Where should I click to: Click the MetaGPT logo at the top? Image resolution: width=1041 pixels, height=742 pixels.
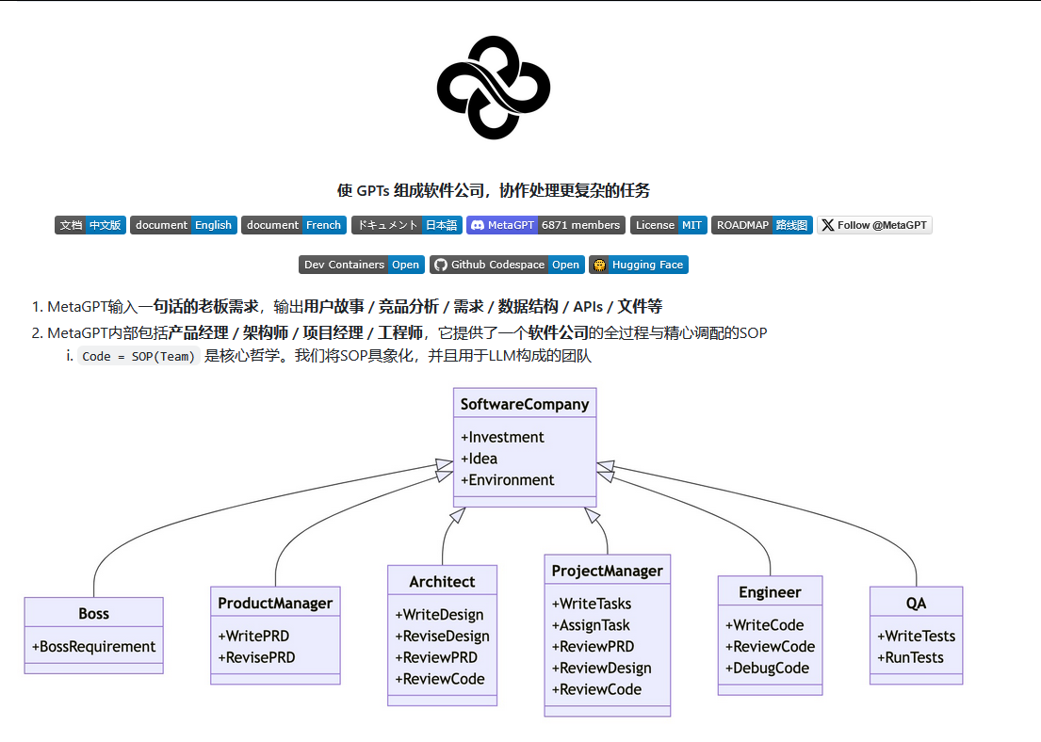click(493, 88)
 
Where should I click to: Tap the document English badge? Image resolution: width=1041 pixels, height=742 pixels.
click(183, 225)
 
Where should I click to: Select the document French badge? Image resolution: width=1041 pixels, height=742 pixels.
click(294, 225)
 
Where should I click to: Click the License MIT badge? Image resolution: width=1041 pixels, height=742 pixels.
click(669, 225)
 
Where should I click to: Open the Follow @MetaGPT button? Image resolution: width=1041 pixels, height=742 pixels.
click(873, 225)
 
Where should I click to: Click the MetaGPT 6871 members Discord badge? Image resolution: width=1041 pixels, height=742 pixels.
click(545, 225)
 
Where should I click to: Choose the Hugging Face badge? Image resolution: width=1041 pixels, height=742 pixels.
click(639, 265)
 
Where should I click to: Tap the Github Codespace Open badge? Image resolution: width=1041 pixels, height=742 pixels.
click(507, 265)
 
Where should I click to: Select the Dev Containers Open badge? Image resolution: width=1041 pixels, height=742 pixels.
click(362, 265)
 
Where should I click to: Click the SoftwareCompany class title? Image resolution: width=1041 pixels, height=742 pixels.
click(525, 404)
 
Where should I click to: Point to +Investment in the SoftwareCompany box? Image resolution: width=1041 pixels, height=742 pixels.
click(502, 437)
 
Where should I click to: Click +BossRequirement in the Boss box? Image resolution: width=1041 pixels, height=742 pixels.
click(93, 647)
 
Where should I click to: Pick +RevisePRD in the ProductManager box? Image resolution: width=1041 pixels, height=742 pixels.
click(256, 657)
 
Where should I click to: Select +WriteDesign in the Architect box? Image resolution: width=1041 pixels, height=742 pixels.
click(439, 615)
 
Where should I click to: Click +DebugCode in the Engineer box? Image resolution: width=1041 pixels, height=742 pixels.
click(767, 668)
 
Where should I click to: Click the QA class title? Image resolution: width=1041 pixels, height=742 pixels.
click(916, 604)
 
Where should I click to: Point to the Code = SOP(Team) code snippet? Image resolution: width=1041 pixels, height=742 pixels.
click(138, 357)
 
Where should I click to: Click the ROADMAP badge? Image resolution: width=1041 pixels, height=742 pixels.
click(761, 225)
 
